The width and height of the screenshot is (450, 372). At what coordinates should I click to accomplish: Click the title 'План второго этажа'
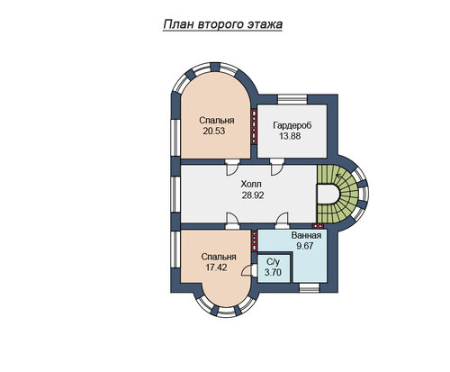click(x=223, y=24)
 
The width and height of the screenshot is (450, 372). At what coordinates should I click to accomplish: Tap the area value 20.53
click(x=214, y=132)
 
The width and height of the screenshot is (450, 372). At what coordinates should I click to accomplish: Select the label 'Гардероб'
click(x=292, y=125)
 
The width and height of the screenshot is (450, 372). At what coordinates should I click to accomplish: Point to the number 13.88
click(x=290, y=136)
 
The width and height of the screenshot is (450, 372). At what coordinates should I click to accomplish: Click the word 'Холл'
click(x=251, y=184)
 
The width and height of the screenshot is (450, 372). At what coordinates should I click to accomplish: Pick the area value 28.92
click(x=253, y=195)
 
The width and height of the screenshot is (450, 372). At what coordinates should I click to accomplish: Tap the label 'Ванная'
click(x=306, y=235)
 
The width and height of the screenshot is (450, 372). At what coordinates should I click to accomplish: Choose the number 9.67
click(x=305, y=246)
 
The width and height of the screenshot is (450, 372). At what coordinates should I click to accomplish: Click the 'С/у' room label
click(x=273, y=262)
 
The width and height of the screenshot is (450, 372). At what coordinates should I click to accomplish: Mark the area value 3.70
click(x=273, y=273)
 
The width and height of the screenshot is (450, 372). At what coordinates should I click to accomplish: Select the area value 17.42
click(x=216, y=268)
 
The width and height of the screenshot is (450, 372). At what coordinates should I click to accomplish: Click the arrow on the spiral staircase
click(x=340, y=176)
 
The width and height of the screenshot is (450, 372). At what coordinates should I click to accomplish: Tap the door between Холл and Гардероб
click(x=276, y=168)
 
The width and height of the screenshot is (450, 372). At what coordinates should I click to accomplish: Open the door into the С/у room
click(x=249, y=270)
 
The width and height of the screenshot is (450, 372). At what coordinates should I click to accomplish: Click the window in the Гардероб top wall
click(x=292, y=99)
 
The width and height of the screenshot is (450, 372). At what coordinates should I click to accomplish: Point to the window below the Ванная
click(x=310, y=287)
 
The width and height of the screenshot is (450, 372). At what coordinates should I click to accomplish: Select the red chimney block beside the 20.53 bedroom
click(x=254, y=126)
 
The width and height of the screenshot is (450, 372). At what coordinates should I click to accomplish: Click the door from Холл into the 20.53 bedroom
click(x=232, y=168)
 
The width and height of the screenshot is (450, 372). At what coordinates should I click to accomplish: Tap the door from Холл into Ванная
click(x=283, y=221)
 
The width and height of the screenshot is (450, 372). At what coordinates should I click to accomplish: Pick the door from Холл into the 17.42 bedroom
click(x=232, y=221)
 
